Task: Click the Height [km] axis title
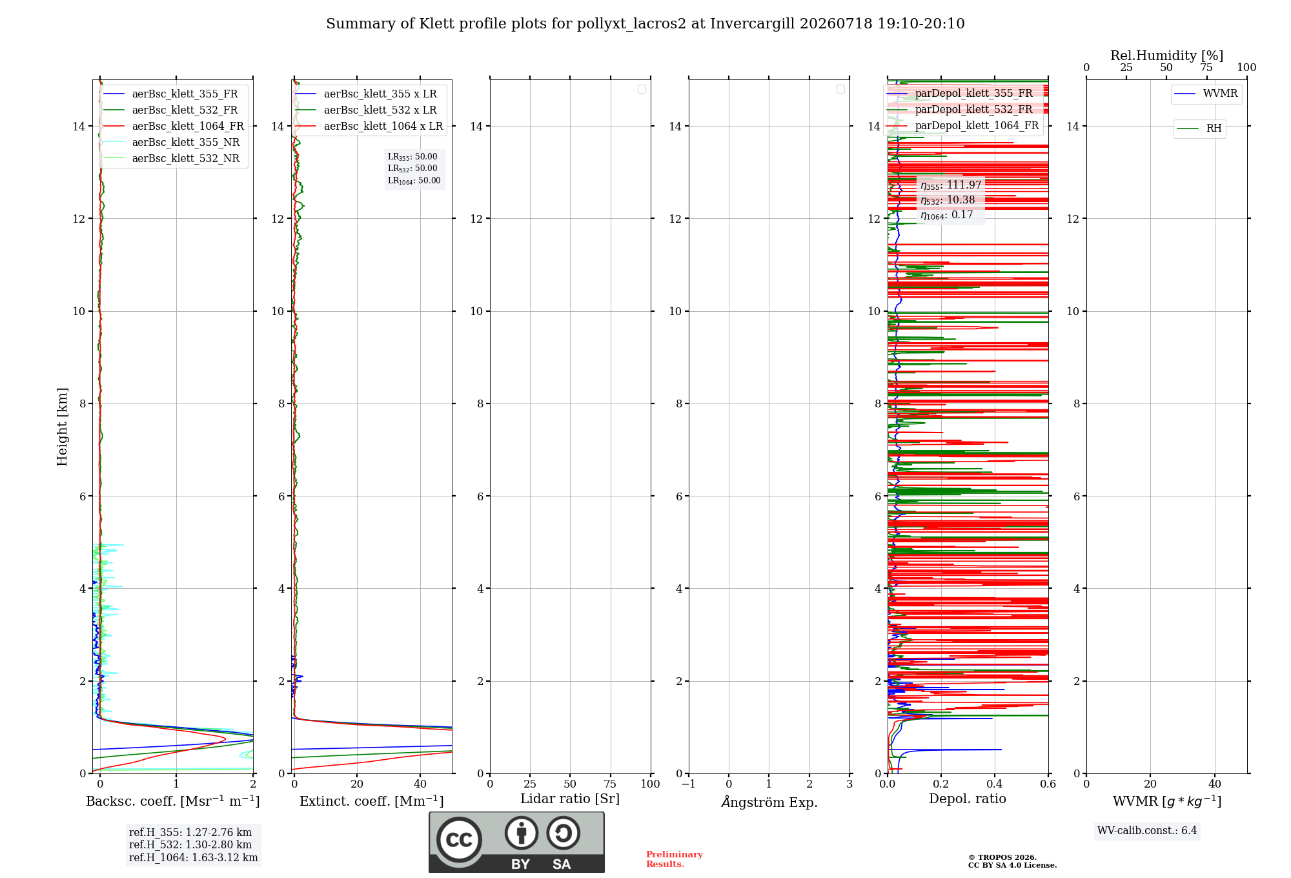coord(62,427)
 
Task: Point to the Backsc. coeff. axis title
coord(173,801)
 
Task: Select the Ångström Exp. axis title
coord(769,802)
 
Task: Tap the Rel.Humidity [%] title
coord(1166,56)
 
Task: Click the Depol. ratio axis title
coord(967,799)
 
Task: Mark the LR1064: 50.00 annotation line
coord(414,181)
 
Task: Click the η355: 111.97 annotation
coord(951,185)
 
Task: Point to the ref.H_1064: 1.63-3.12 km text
coord(193,857)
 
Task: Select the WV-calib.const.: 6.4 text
coord(1147,830)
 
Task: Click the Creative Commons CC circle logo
coord(459,839)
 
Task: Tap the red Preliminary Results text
coord(674,859)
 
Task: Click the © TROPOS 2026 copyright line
coord(1002,857)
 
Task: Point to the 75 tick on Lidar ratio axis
coord(610,784)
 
